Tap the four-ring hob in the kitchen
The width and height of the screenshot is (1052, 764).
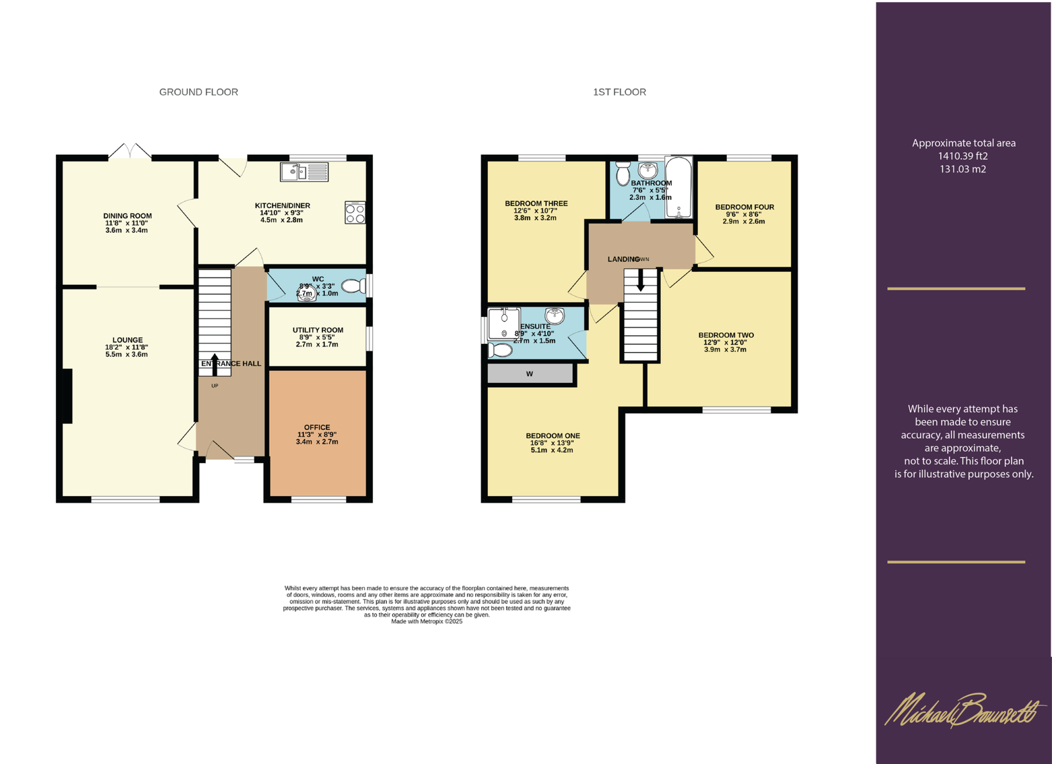355,213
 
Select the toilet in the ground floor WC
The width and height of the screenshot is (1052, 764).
352,287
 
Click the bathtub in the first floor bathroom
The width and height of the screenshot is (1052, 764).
678,188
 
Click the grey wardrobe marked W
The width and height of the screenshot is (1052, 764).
530,374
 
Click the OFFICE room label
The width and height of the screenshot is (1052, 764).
317,427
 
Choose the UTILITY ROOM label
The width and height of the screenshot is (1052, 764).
318,330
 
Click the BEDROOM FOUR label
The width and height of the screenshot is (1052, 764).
744,207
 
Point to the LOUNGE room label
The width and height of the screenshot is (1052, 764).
127,340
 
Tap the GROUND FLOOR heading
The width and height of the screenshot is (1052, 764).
199,92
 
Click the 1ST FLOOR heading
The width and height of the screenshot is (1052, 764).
619,92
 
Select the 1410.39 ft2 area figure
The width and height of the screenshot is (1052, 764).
962,156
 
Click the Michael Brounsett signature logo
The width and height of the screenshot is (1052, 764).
964,711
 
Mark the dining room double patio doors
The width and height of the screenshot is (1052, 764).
130,151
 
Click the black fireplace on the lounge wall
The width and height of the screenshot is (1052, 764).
67,396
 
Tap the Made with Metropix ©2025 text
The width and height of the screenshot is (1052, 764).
427,621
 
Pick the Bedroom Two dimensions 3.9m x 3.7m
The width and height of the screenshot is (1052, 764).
725,349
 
